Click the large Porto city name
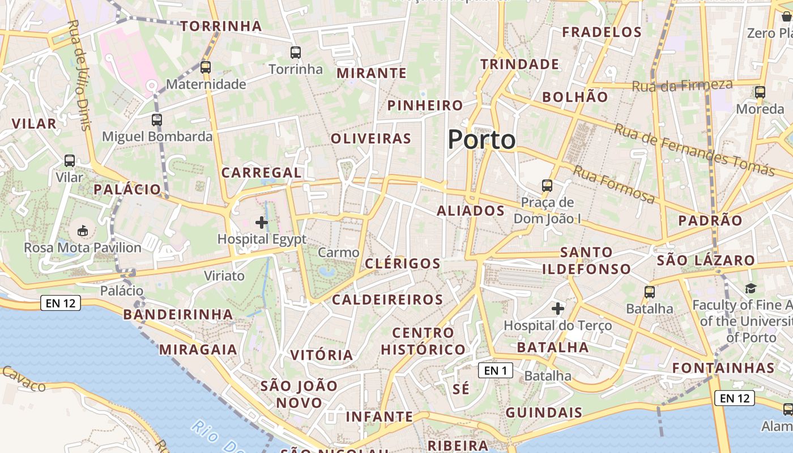pos(481,140)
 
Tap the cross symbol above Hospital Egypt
pos(262,223)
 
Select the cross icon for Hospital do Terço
pos(558,309)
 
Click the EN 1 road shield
pos(496,370)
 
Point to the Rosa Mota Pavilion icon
pos(83,230)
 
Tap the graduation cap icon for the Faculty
pos(751,288)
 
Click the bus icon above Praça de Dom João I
pos(547,185)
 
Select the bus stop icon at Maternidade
pos(206,67)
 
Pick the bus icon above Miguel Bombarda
pos(157,120)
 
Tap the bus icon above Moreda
pos(760,92)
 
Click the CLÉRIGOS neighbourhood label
pos(403,263)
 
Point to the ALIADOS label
pos(471,211)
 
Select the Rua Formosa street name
pos(615,185)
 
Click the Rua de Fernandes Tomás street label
pos(694,149)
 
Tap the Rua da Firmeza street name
pos(682,86)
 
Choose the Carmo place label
pos(339,253)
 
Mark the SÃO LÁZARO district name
pos(706,260)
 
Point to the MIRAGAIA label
pos(198,349)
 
